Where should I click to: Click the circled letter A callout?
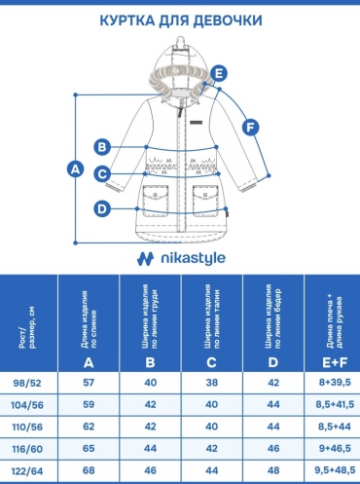(x=75, y=169)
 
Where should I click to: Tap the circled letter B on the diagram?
(x=102, y=147)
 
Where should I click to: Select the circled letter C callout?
(x=102, y=174)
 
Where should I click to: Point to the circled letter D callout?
(x=102, y=208)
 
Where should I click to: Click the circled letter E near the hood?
(x=219, y=73)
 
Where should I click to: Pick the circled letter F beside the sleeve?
(x=250, y=128)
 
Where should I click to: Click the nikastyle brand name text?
(x=194, y=258)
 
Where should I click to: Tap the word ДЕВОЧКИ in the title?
(x=228, y=20)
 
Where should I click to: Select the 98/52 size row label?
(x=27, y=383)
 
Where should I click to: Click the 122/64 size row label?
(x=27, y=471)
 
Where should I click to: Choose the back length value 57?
(x=89, y=383)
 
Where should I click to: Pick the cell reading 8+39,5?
(x=335, y=383)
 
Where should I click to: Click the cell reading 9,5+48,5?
(x=335, y=470)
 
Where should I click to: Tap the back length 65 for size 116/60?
(x=89, y=448)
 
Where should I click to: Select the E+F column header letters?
(x=335, y=362)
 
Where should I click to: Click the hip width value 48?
(x=273, y=470)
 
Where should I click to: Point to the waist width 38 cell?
(x=212, y=383)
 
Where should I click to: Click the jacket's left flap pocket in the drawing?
(x=156, y=200)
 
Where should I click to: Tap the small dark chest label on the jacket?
(x=197, y=123)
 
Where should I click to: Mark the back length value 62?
(x=89, y=427)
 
